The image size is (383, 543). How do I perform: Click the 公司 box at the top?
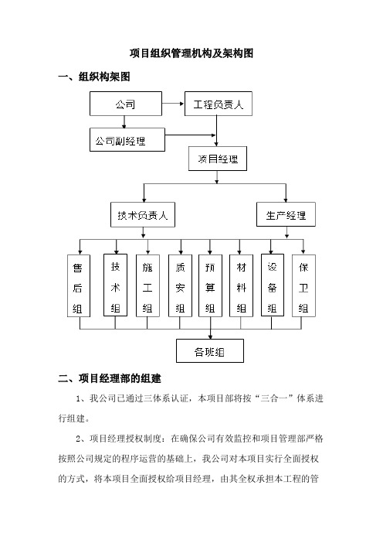(125, 104)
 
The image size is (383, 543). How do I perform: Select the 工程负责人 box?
(218, 104)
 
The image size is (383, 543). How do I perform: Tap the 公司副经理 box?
(127, 139)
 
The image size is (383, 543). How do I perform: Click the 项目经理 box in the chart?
(218, 159)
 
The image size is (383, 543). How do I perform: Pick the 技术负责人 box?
(143, 215)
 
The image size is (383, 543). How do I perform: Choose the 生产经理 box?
(286, 214)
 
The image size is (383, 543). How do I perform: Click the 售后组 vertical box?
(79, 285)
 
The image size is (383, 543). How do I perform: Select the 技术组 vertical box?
(116, 285)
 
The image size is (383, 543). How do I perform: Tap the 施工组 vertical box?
(147, 285)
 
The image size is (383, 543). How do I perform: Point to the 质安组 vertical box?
(180, 285)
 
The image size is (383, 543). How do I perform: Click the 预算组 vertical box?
(210, 285)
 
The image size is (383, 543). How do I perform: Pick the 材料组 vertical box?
(241, 285)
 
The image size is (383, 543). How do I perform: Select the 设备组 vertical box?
(273, 285)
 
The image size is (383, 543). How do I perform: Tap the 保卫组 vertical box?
(303, 285)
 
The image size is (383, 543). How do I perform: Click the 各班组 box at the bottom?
(210, 351)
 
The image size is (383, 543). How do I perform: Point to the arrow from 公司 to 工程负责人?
(173, 103)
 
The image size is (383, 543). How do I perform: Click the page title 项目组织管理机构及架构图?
(191, 53)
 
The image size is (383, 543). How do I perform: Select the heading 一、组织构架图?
(94, 76)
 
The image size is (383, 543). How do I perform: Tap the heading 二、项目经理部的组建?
(110, 378)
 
